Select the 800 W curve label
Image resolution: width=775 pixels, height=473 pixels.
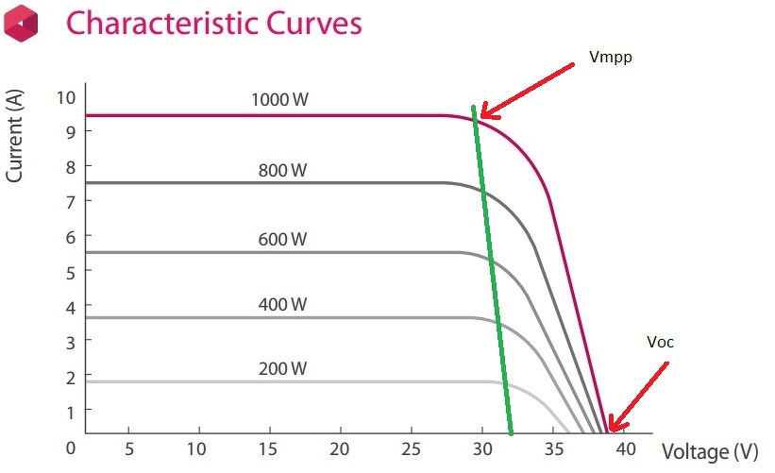tap(282, 171)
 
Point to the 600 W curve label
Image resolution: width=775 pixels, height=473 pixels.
tap(282, 240)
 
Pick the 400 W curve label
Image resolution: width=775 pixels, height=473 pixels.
tap(282, 304)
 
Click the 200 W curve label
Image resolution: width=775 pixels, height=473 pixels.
tap(282, 368)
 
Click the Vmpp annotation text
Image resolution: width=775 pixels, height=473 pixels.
tap(611, 57)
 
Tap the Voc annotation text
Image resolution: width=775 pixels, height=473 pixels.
tap(660, 342)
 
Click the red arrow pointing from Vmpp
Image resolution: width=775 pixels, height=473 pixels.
tap(524, 91)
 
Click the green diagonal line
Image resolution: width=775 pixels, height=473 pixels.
tap(491, 269)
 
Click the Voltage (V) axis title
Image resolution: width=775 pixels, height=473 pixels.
tap(709, 451)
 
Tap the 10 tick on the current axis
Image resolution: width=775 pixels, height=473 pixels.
tap(64, 97)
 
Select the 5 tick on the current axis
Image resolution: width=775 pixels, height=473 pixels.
tap(69, 271)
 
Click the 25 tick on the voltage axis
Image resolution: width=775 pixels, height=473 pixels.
tap(412, 448)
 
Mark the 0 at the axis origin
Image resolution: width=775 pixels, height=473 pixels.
tap(69, 446)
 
